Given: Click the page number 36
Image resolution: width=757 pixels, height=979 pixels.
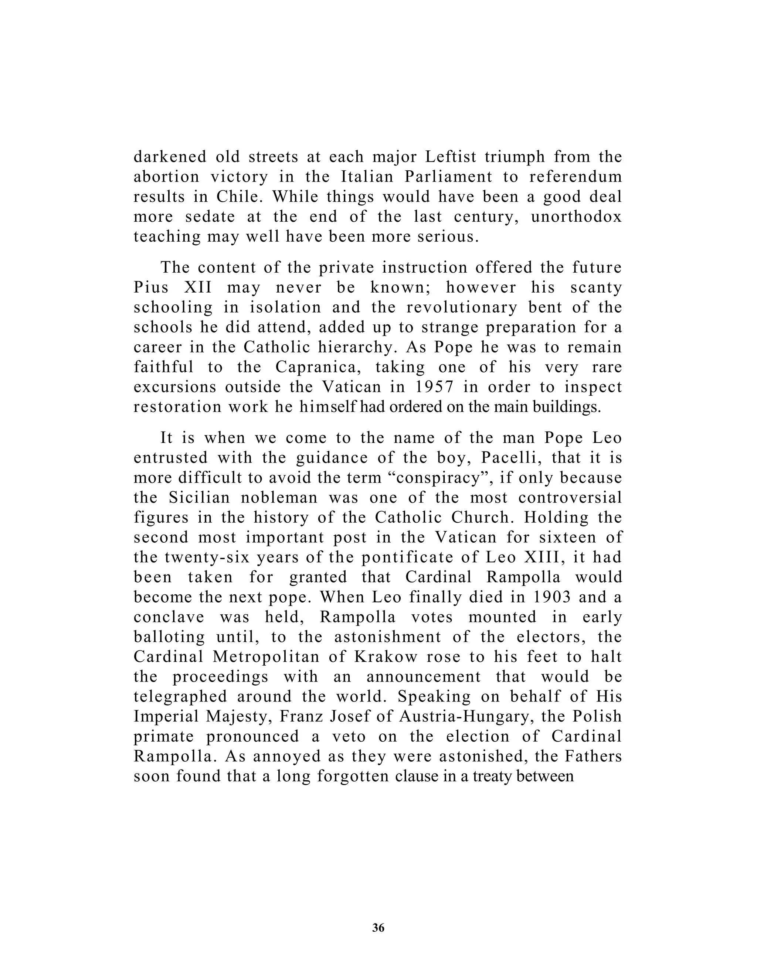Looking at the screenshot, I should coord(378,928).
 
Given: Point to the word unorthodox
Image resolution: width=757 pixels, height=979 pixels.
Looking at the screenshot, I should coord(576,216).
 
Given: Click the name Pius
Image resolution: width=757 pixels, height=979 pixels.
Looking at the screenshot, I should coord(151,287).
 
